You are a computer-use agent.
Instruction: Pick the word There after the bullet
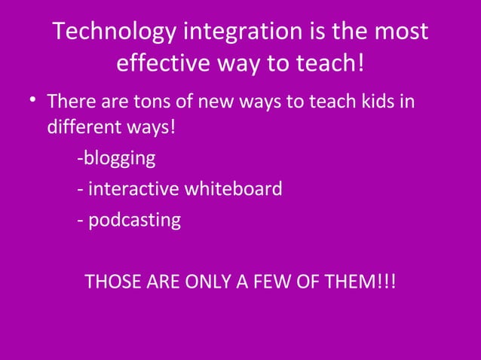pyautogui.click(x=70, y=100)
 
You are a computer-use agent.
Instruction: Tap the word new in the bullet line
pyautogui.click(x=210, y=100)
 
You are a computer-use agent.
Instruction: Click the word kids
pyautogui.click(x=373, y=100)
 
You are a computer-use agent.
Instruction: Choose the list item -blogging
pyautogui.click(x=116, y=159)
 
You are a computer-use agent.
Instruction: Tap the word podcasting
pyautogui.click(x=135, y=221)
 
